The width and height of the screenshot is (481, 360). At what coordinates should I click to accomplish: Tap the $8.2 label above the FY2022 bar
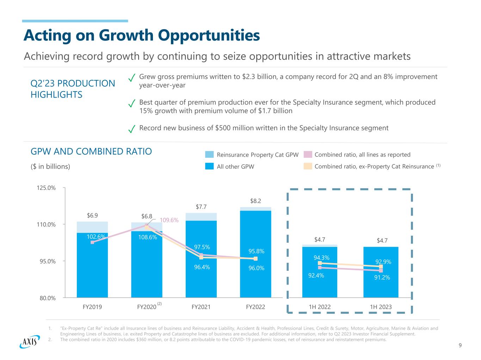click(x=255, y=201)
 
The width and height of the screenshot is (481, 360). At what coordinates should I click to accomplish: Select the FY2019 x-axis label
click(x=92, y=307)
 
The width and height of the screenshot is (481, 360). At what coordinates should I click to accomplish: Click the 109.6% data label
click(x=169, y=220)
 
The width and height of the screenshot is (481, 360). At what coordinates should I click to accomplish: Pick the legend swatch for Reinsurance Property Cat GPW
click(x=210, y=155)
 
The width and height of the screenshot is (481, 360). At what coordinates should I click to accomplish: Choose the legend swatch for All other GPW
click(x=210, y=167)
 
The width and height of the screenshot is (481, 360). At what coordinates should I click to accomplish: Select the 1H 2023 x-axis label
click(x=381, y=307)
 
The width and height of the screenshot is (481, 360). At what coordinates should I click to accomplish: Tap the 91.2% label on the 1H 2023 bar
click(x=382, y=278)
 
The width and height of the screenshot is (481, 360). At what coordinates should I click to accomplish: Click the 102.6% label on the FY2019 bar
click(x=96, y=237)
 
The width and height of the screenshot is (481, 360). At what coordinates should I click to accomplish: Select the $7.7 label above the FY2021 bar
click(x=201, y=207)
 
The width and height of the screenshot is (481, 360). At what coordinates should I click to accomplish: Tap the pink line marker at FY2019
click(x=92, y=242)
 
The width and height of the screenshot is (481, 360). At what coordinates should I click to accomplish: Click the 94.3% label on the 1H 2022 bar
click(x=321, y=258)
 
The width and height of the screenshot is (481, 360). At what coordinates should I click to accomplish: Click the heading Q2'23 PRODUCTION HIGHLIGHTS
click(x=73, y=89)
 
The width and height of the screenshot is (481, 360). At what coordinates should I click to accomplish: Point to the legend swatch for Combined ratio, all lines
click(x=308, y=155)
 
